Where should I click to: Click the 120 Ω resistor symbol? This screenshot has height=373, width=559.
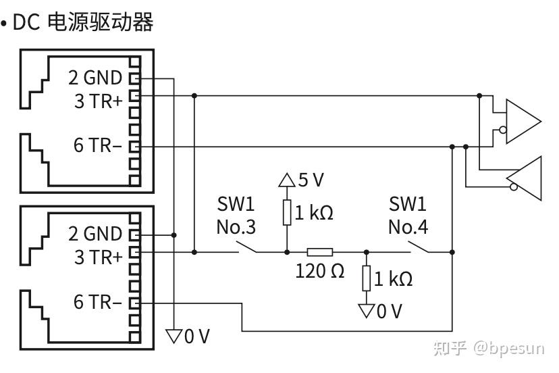point(319,253)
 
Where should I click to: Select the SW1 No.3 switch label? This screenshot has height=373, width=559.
point(236,216)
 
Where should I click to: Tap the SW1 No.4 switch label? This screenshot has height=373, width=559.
point(408,216)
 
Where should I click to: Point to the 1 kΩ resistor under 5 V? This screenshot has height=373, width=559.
point(287,213)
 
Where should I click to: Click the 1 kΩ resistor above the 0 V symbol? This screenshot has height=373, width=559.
point(366,278)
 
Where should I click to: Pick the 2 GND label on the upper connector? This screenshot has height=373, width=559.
point(95,78)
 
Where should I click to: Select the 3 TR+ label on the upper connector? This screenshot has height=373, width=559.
point(99,101)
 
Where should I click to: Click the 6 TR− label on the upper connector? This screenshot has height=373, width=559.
point(98,145)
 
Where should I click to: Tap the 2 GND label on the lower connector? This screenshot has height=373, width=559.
point(95,234)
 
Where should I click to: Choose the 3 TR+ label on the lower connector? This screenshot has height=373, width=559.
point(99,257)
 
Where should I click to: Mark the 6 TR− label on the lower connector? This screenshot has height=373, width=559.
point(98,302)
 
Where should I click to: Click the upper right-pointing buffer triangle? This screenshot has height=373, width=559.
point(522,122)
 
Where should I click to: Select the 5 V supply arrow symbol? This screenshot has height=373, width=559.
point(287,180)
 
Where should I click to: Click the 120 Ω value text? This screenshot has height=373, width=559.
point(319,271)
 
